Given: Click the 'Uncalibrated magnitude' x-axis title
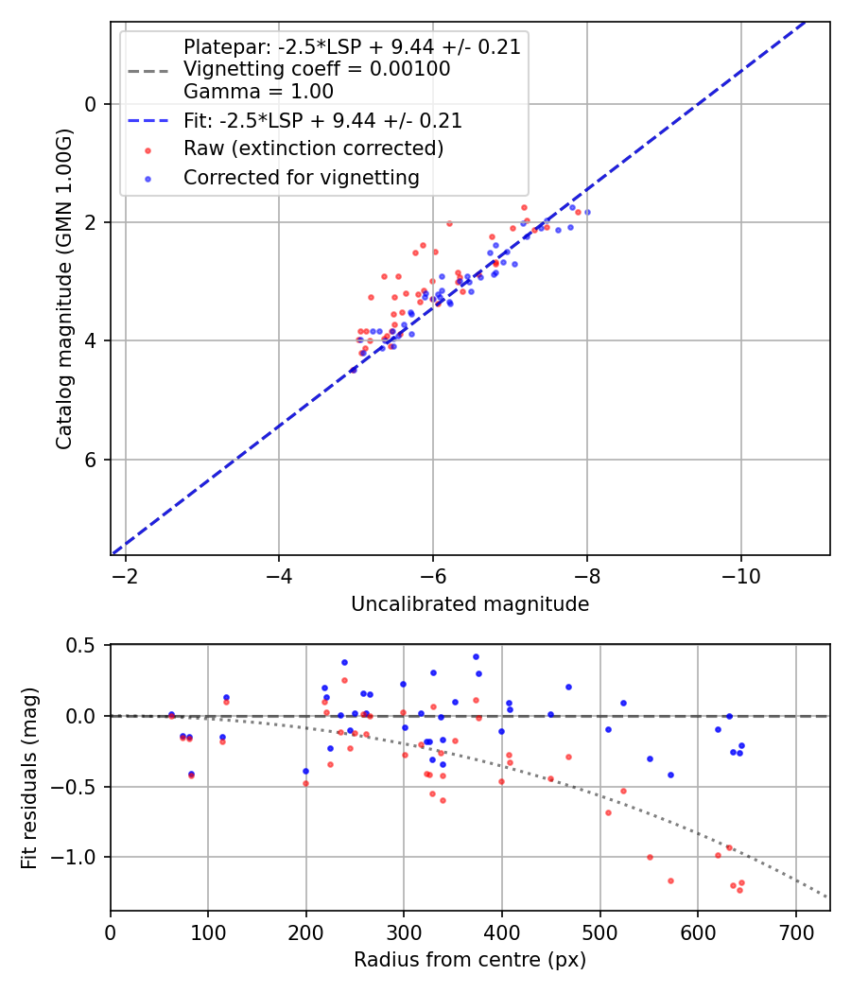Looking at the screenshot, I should click(x=470, y=604).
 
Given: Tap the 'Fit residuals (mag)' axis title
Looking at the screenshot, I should click(x=29, y=777).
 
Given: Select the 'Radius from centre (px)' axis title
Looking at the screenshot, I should click(x=470, y=960).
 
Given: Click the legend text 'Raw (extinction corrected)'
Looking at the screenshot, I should click(x=314, y=148).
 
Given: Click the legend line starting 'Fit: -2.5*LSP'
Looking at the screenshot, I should click(x=322, y=121).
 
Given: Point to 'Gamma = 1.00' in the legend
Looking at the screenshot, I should click(x=258, y=92).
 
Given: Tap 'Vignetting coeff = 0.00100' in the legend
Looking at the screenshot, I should click(x=317, y=69).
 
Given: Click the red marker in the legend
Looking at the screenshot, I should click(x=148, y=149).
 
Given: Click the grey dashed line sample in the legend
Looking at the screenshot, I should click(x=148, y=70).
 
